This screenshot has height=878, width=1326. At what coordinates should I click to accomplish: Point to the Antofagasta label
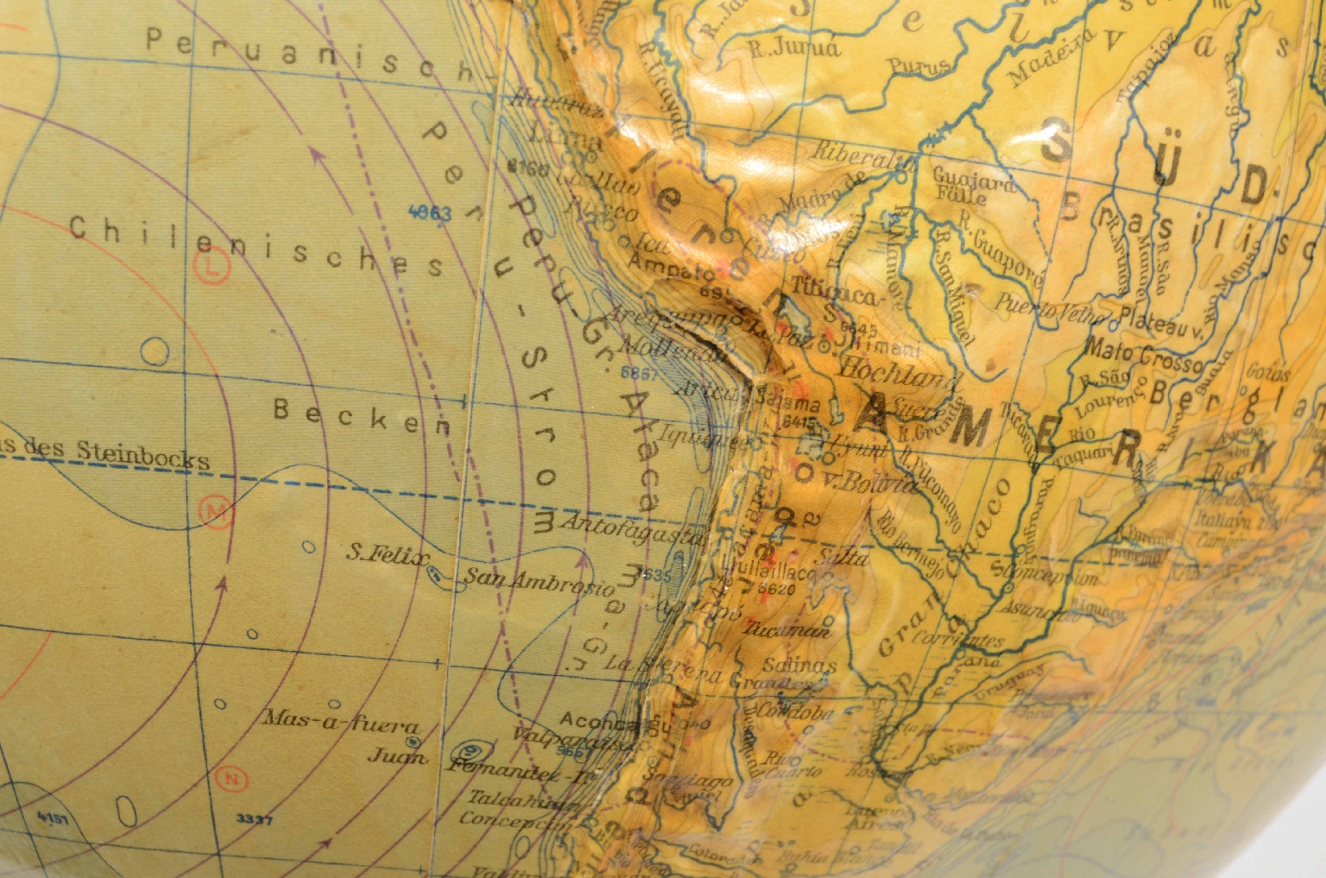[633, 528]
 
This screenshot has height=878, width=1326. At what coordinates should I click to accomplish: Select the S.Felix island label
[387, 554]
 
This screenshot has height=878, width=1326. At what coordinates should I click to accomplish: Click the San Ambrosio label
[540, 583]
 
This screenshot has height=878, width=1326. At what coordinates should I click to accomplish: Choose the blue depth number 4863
[429, 212]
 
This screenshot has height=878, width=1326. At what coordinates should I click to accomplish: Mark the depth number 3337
[254, 819]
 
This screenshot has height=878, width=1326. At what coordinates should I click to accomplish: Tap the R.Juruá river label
[793, 48]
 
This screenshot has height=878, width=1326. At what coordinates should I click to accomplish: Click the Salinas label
[799, 666]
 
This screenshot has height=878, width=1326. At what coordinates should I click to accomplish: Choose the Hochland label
[900, 372]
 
